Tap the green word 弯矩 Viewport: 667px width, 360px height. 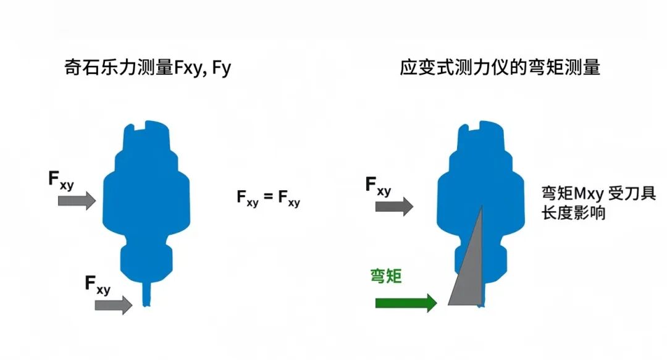386,275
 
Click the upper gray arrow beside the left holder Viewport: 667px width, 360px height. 77,199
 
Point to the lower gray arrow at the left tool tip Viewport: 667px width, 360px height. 113,304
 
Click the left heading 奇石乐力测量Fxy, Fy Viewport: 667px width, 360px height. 148,67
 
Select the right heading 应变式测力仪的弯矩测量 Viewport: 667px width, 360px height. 500,67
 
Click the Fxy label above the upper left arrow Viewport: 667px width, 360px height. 61,180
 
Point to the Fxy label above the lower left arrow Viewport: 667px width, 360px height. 98,285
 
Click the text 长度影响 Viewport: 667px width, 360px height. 574,214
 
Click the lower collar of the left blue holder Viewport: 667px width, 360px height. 146,259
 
